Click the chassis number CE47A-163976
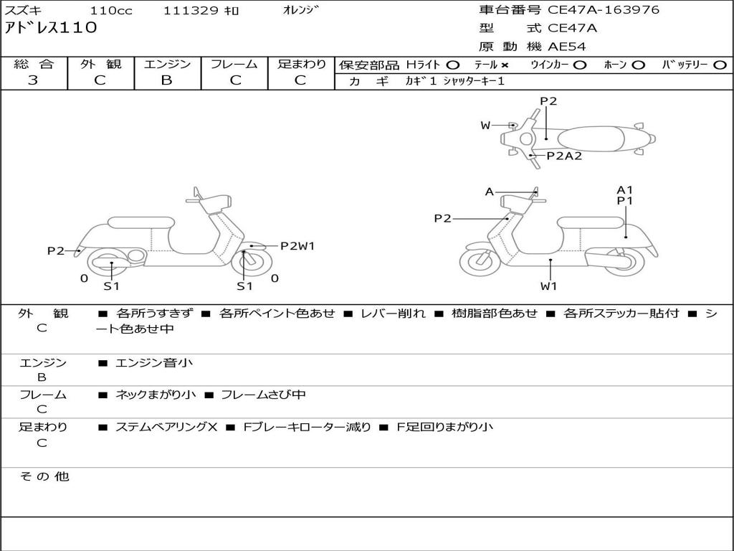[x=604, y=10]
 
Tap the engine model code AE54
[x=567, y=47]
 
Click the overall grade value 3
[x=33, y=80]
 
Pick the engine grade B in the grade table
[x=167, y=80]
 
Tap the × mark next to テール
[x=505, y=65]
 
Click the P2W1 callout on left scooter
[x=297, y=246]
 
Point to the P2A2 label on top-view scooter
[x=564, y=156]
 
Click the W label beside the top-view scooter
[x=485, y=126]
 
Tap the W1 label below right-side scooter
[x=549, y=286]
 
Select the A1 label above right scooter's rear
[x=625, y=190]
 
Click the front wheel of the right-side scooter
[x=480, y=263]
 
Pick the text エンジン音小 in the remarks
[x=154, y=363]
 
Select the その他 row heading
[x=44, y=476]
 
